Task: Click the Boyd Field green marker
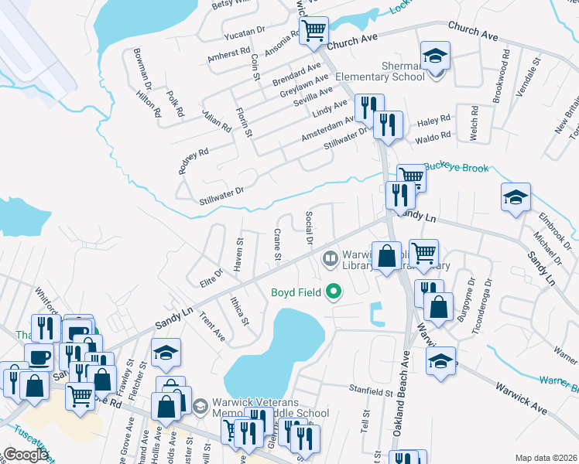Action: point(334,292)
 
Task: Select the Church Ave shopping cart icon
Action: point(313,31)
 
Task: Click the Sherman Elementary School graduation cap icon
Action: point(435,56)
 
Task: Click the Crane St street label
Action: point(277,244)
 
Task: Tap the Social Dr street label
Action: point(309,228)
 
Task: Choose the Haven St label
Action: point(239,254)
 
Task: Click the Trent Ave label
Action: point(211,326)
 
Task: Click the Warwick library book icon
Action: point(331,257)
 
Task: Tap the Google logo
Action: point(26,455)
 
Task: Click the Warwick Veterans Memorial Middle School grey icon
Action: point(200,405)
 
